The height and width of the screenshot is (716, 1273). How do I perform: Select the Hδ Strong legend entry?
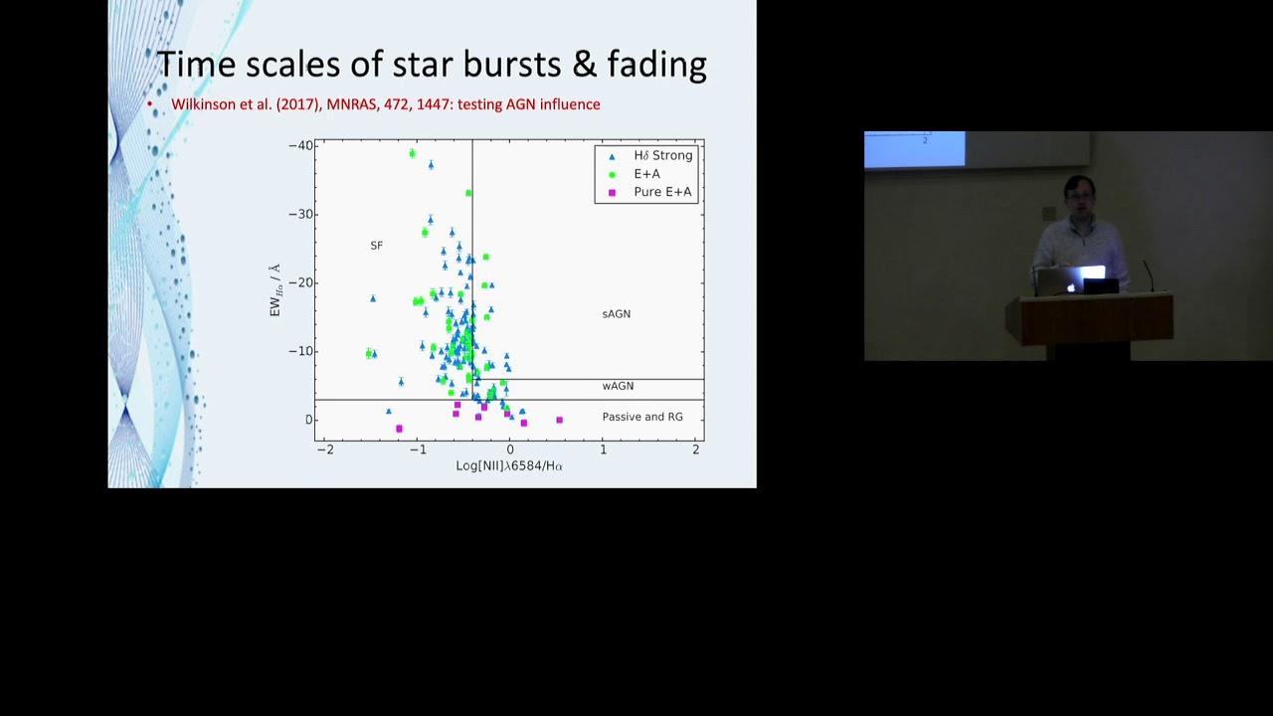[651, 156]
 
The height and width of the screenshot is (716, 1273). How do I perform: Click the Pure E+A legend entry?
[651, 192]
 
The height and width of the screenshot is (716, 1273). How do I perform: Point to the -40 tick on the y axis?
[301, 146]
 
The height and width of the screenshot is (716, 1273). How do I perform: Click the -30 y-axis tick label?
[301, 214]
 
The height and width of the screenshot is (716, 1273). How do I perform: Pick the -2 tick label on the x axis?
[325, 449]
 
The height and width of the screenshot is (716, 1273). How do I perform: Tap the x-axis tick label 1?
[603, 449]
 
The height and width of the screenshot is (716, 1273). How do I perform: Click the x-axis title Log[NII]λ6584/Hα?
[509, 466]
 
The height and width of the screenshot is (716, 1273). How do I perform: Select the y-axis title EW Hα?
[275, 289]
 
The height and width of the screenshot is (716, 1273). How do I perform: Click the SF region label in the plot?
[376, 246]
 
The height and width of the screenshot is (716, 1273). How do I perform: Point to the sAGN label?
[616, 314]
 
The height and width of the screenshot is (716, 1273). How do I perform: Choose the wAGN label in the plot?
[618, 387]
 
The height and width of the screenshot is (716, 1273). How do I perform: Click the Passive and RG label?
[642, 417]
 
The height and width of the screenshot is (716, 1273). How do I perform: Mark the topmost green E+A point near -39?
[413, 153]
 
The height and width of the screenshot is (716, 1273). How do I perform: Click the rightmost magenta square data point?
[559, 421]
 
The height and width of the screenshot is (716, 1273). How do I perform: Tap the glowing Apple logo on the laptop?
[1071, 288]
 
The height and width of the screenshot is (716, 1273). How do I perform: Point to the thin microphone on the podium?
[1149, 276]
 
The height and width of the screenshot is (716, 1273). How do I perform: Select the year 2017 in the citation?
[297, 104]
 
